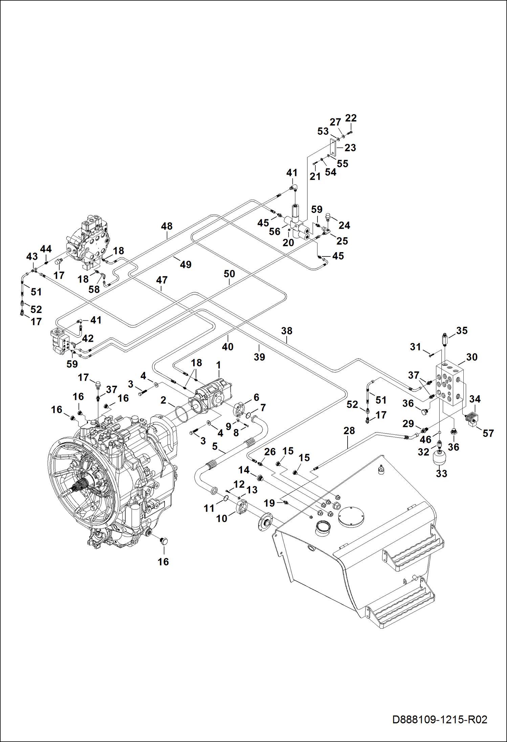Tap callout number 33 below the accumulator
coord(441,473)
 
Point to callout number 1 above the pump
coord(219,365)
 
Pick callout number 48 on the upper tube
coord(167,226)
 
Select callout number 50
coord(229,273)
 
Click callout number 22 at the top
coord(351,118)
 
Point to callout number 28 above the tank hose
coord(349,430)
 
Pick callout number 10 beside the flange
coord(222,518)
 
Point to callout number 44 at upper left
coord(46,249)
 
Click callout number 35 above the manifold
coord(462,331)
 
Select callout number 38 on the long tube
coord(287,331)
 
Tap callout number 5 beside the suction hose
coord(215,446)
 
